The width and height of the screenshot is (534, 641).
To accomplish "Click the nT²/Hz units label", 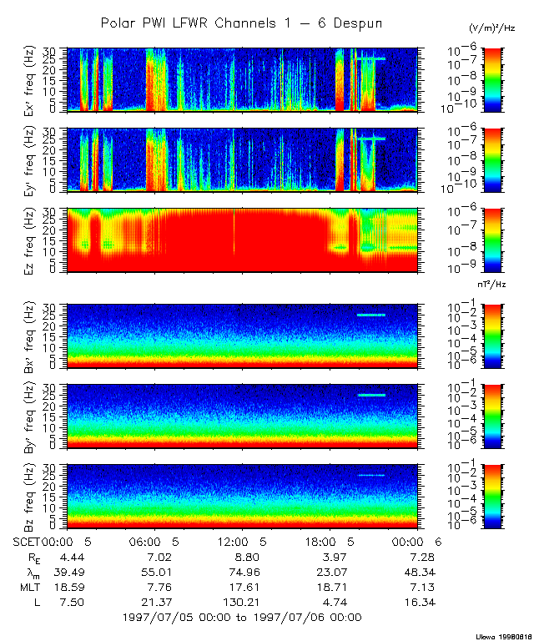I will [493, 285].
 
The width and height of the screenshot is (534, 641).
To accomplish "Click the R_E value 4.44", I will [60, 556].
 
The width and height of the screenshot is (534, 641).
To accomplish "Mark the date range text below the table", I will [241, 618].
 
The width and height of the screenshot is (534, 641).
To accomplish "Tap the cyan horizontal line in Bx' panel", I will [371, 315].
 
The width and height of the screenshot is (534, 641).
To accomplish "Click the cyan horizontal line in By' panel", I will [371, 395].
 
